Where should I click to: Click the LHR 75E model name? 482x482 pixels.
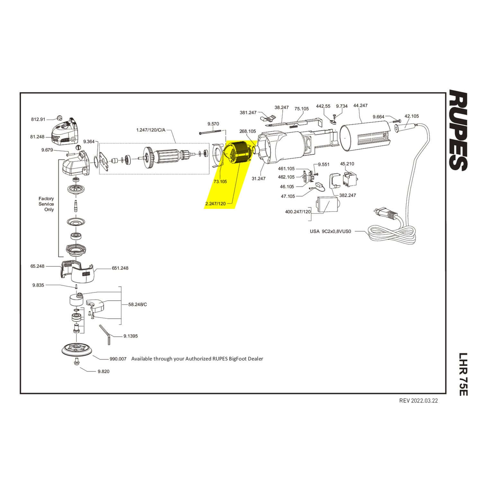tap(461, 374)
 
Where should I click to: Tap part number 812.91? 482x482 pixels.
tap(38, 119)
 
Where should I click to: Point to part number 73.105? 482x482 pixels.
tap(220, 182)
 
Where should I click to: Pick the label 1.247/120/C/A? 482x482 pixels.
tap(150, 130)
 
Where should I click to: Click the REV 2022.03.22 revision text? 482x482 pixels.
tap(418, 401)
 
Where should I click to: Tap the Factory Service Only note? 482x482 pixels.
tap(46, 204)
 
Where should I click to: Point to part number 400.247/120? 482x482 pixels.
tap(298, 212)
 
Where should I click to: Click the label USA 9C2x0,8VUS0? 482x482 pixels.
tap(330, 231)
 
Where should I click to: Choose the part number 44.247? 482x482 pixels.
tap(360, 105)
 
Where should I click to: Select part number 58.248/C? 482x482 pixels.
tap(138, 304)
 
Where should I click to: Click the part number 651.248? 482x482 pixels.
tap(120, 268)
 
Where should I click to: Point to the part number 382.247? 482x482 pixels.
tap(347, 195)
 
